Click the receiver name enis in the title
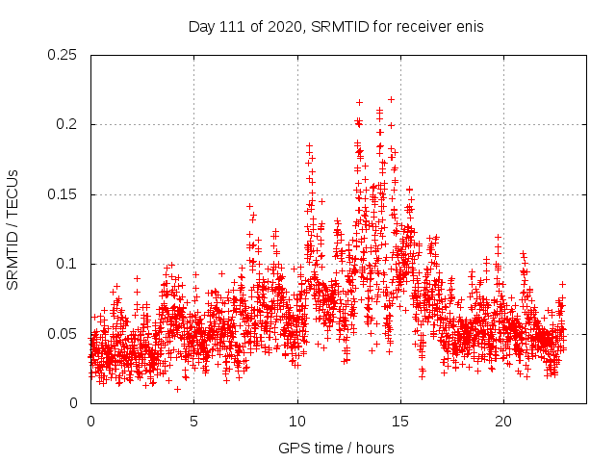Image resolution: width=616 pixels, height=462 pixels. (467, 27)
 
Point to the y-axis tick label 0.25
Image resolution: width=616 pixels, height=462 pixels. (64, 55)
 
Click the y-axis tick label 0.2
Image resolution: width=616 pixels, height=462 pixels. (67, 124)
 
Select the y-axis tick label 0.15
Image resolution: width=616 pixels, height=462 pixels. (64, 194)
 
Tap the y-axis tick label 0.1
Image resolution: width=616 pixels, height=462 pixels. (67, 264)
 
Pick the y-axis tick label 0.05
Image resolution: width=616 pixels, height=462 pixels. (64, 334)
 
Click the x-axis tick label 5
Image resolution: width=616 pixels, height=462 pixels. (193, 422)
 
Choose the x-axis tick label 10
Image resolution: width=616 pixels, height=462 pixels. (297, 422)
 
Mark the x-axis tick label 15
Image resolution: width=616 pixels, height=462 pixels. (400, 422)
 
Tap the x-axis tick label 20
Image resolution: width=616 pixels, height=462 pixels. (503, 422)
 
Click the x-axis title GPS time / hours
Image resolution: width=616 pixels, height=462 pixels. (335, 448)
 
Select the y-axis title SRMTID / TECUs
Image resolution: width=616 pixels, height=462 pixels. (13, 229)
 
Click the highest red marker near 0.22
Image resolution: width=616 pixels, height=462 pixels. (391, 99)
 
